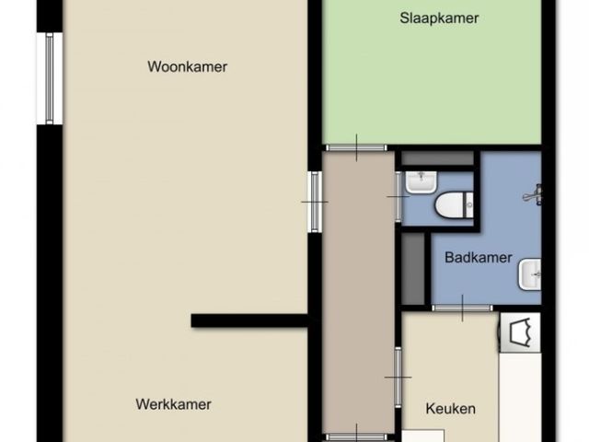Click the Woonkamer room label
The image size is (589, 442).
coord(187,67)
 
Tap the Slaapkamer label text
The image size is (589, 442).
coord(439,18)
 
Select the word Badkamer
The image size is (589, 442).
coord(479,258)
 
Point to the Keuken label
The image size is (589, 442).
coord(450,409)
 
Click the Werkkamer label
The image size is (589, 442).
coord(174,404)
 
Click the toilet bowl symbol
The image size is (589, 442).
coord(454,204)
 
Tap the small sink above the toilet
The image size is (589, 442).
coord(422,182)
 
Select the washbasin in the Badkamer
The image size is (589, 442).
coord(530,274)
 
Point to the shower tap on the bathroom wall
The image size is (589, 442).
coord(534,194)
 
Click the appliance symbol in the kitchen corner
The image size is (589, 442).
coord(520,332)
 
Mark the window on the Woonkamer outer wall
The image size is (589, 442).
coord(49,78)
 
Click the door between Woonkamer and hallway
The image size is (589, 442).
coord(315,202)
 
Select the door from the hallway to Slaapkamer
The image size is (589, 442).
coord(356,147)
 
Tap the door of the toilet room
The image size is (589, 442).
coord(398,196)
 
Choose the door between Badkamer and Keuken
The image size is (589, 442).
coord(462,308)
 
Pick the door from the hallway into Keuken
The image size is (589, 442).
coord(398,377)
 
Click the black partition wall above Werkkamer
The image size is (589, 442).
coord(249,320)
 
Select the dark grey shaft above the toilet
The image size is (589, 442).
coord(438,157)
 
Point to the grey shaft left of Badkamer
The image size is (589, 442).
coord(413,269)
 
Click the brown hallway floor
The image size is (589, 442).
coord(358,293)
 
